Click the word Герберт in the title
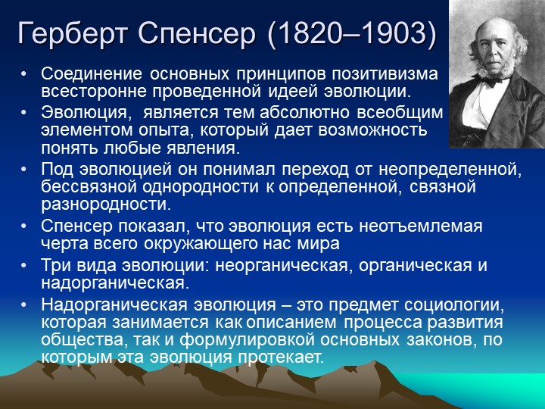[72, 33]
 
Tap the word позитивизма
[385, 74]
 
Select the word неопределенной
[450, 170]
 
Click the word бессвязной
[89, 186]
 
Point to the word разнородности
[107, 204]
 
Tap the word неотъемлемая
[421, 226]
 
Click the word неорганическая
[282, 266]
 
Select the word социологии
[454, 305]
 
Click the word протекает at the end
[281, 357]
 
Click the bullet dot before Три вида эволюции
[23, 266]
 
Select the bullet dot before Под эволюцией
[23, 170]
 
